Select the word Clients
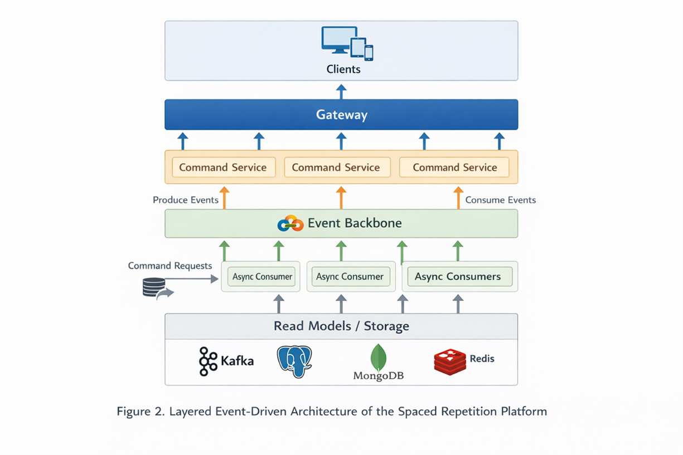pyautogui.click(x=343, y=70)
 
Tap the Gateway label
pyautogui.click(x=341, y=115)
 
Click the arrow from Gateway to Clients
pyautogui.click(x=341, y=91)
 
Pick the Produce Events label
pyautogui.click(x=185, y=200)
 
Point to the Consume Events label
pyautogui.click(x=500, y=200)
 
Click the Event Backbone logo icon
pyautogui.click(x=290, y=223)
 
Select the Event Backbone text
pyautogui.click(x=355, y=223)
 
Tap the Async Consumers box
pyautogui.click(x=459, y=276)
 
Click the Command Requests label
pyautogui.click(x=170, y=266)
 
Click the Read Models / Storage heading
pyautogui.click(x=341, y=326)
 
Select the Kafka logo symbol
pyautogui.click(x=208, y=361)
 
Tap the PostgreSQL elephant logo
pyautogui.click(x=294, y=361)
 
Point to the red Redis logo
pyautogui.click(x=449, y=361)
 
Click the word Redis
pyautogui.click(x=482, y=358)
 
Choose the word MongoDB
pyautogui.click(x=379, y=376)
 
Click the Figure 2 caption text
pyautogui.click(x=332, y=412)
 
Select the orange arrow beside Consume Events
pyautogui.click(x=458, y=198)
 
